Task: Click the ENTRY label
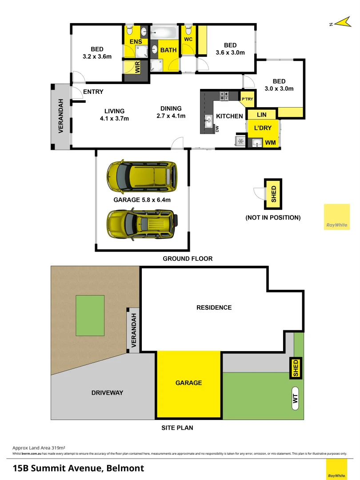pyautogui.click(x=93, y=92)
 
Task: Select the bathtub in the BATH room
pyautogui.click(x=164, y=33)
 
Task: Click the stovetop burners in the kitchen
pyautogui.click(x=224, y=96)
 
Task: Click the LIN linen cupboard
pyautogui.click(x=262, y=115)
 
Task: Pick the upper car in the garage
pyautogui.click(x=142, y=175)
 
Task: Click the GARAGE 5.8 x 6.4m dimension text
pyautogui.click(x=142, y=200)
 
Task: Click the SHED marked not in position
pyautogui.click(x=273, y=194)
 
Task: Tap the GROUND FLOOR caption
pyautogui.click(x=188, y=259)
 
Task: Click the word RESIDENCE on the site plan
pyautogui.click(x=214, y=307)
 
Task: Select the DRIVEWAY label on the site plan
pyautogui.click(x=107, y=392)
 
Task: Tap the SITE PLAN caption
pyautogui.click(x=177, y=428)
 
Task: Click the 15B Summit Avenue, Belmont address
pyautogui.click(x=78, y=468)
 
